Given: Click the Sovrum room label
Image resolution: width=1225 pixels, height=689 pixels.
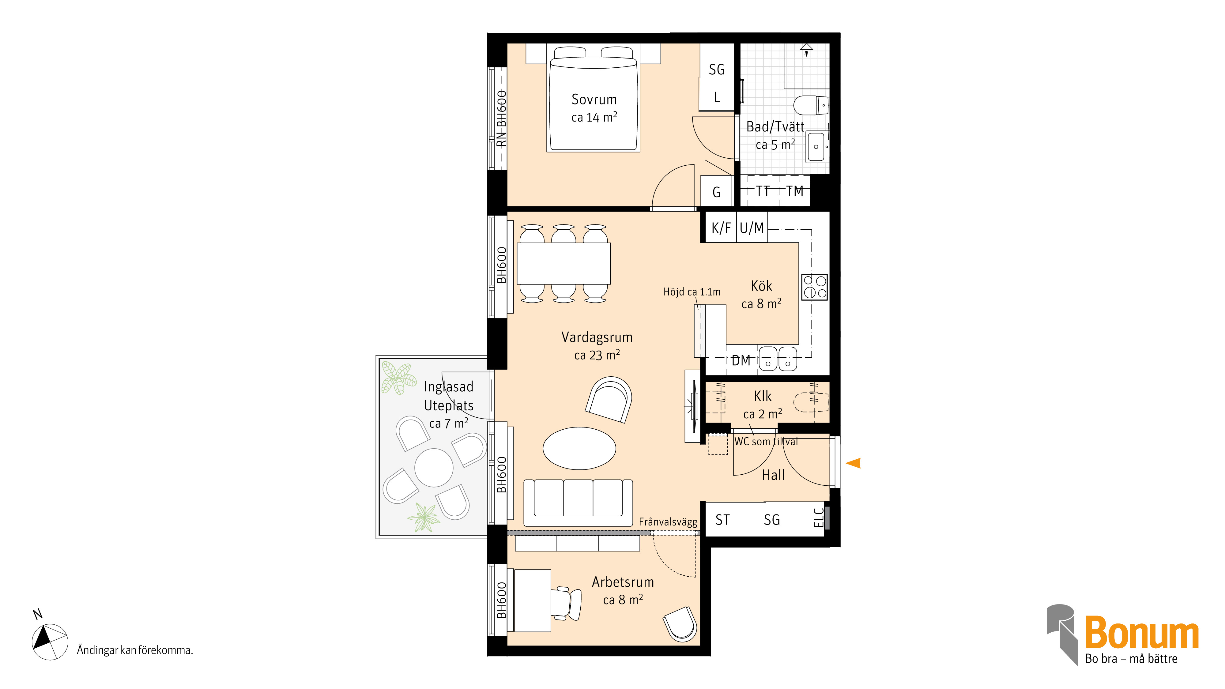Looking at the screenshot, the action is (x=594, y=100).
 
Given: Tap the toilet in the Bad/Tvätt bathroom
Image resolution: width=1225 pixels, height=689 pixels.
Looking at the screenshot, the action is (x=811, y=105).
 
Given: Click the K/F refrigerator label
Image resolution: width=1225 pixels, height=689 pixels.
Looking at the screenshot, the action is (x=721, y=228).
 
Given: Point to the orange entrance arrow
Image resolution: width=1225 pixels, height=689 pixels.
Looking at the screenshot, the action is (x=853, y=463).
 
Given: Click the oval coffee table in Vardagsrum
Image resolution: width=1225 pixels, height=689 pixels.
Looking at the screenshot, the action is (x=579, y=448).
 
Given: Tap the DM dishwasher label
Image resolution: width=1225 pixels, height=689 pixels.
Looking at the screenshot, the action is (x=741, y=360).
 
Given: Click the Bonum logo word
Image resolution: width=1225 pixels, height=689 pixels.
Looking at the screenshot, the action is (x=1142, y=632).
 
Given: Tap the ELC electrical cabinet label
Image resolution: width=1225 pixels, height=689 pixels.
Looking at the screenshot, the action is (x=818, y=518).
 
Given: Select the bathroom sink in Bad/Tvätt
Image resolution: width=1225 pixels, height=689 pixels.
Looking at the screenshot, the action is (x=816, y=146).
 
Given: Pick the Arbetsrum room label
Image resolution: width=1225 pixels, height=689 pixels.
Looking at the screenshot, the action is (x=623, y=582).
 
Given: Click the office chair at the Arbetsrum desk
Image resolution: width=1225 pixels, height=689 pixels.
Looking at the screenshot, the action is (x=567, y=604).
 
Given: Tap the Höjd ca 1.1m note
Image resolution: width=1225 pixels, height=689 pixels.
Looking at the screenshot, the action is (x=692, y=292).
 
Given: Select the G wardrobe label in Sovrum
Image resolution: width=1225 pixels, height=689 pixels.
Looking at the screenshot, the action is (x=717, y=192).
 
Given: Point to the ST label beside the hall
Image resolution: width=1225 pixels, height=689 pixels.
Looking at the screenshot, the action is (x=722, y=520).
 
